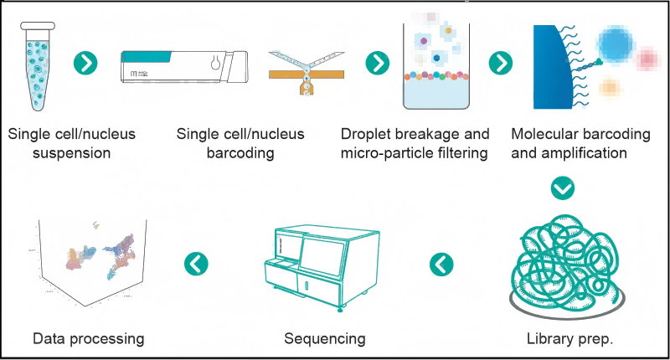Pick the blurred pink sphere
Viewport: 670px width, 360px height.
pos(647,59)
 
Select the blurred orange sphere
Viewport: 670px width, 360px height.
pos(610,88)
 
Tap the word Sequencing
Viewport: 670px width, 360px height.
pos(324,339)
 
